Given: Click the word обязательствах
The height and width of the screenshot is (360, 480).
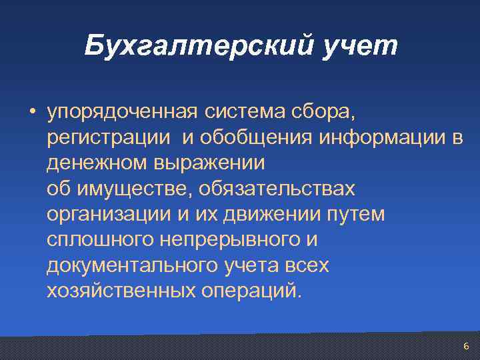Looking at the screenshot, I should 277,189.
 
